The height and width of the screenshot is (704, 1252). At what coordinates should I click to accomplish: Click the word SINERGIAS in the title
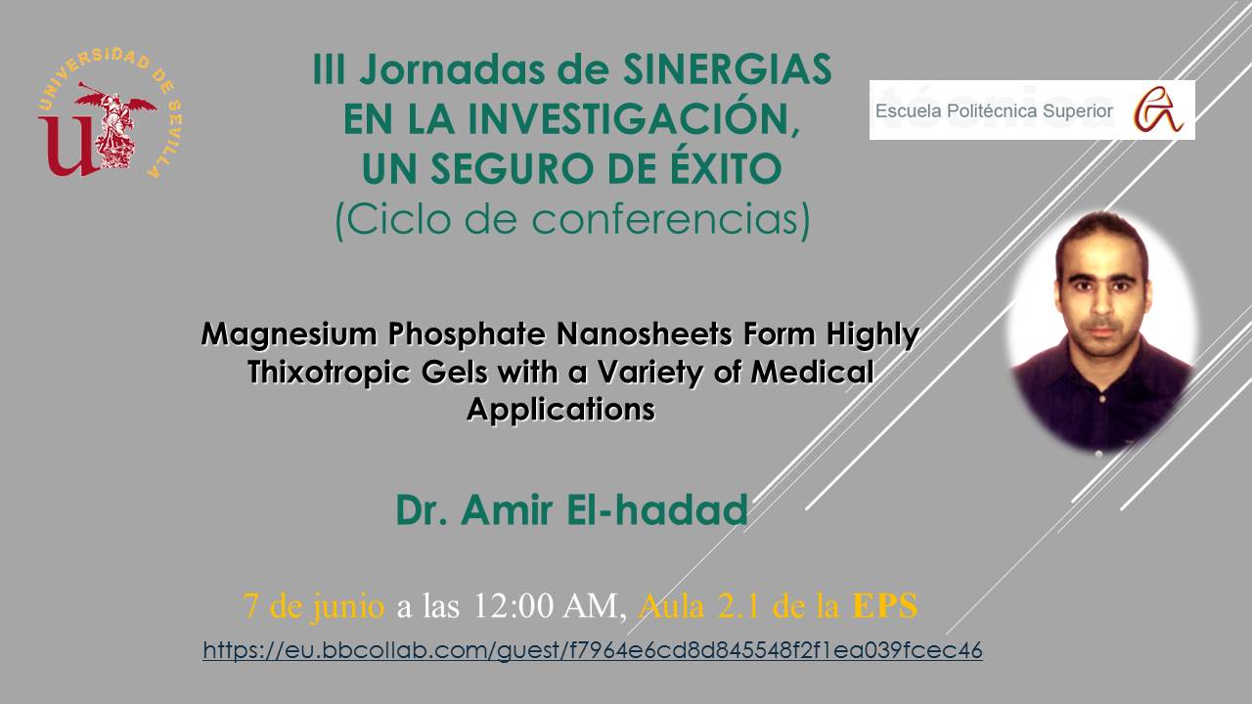pyautogui.click(x=727, y=69)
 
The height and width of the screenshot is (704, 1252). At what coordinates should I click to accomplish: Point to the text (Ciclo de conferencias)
pyautogui.click(x=573, y=220)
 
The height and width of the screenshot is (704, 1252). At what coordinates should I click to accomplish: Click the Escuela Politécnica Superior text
pyautogui.click(x=994, y=111)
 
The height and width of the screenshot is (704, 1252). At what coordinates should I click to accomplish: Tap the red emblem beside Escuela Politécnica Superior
pyautogui.click(x=1158, y=110)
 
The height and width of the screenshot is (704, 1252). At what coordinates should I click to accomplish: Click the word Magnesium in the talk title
pyautogui.click(x=289, y=335)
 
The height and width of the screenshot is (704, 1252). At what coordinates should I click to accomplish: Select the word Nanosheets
pyautogui.click(x=645, y=334)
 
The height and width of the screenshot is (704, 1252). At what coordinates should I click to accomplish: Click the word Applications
pyautogui.click(x=560, y=410)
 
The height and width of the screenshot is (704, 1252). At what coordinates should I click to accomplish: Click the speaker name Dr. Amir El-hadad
pyautogui.click(x=572, y=509)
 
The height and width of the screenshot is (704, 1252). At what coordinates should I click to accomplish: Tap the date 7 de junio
pyautogui.click(x=314, y=605)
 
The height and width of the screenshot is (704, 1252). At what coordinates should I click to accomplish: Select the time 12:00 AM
pyautogui.click(x=546, y=605)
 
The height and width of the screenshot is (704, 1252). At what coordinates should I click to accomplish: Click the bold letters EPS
pyautogui.click(x=885, y=605)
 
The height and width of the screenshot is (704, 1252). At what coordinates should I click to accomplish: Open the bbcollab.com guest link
pyautogui.click(x=593, y=650)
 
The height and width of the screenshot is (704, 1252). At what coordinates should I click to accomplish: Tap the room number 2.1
pyautogui.click(x=738, y=605)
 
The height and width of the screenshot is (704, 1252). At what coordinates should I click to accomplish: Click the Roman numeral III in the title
pyautogui.click(x=330, y=69)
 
